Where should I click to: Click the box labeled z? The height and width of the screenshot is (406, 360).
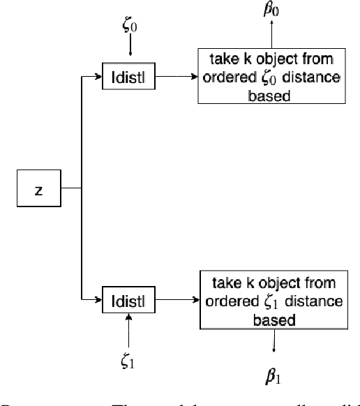38,190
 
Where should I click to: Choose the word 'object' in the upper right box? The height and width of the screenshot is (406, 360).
269,59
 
